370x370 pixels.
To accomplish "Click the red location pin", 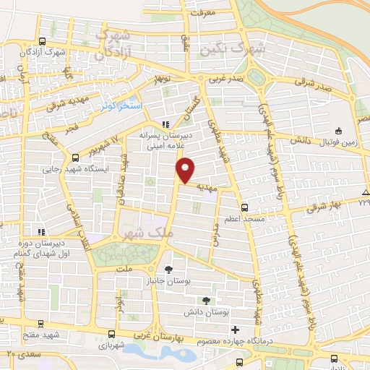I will [186, 170].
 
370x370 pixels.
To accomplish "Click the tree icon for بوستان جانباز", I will [168, 270].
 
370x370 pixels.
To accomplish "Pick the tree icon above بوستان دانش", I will [208, 301].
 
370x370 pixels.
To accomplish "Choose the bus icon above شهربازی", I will [111, 334].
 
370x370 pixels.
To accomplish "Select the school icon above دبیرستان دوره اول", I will [41, 232].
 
